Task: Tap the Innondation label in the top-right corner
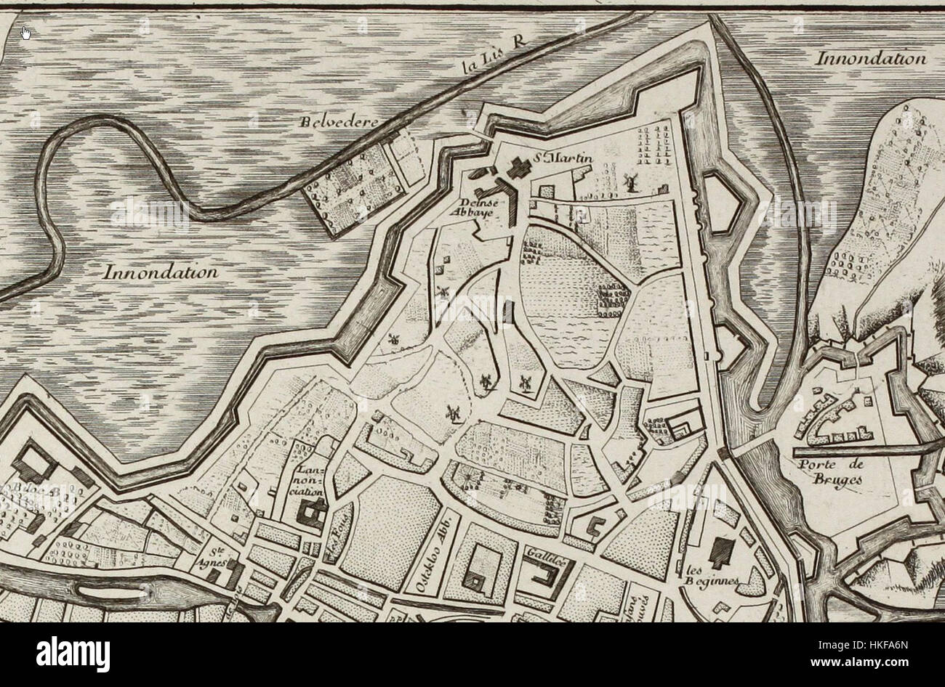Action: pyautogui.click(x=870, y=59)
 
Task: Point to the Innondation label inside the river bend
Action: pyautogui.click(x=161, y=273)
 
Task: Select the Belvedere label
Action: pyautogui.click(x=340, y=123)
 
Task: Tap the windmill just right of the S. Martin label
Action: pyautogui.click(x=630, y=181)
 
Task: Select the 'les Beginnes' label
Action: pyautogui.click(x=711, y=574)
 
